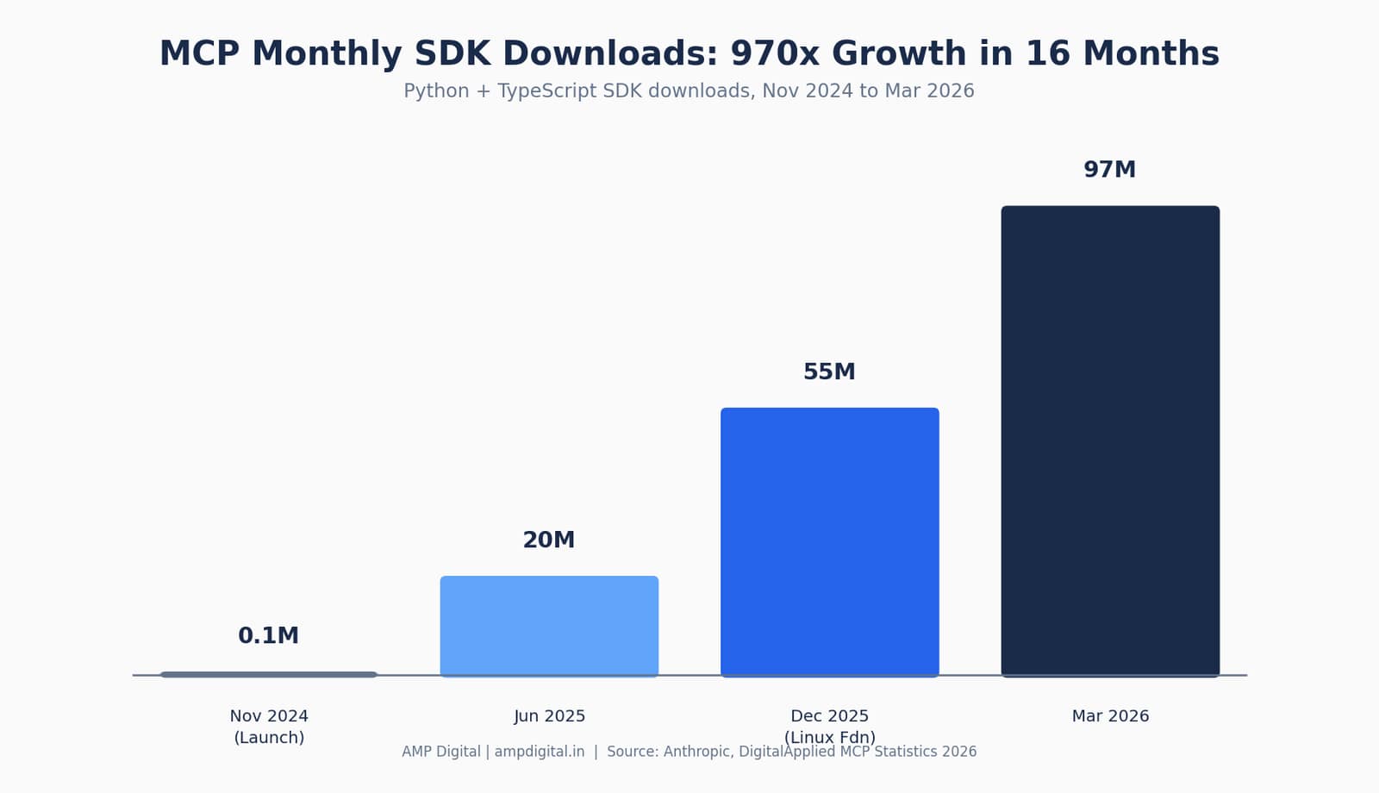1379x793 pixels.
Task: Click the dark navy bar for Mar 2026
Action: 1110,440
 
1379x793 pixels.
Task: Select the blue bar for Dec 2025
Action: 830,542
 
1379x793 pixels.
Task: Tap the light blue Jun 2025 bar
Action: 549,626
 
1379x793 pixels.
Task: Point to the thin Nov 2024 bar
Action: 269,675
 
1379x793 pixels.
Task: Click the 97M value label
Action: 1110,169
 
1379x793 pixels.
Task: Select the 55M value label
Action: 829,372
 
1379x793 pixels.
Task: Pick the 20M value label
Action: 548,540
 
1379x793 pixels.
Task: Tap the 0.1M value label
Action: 268,635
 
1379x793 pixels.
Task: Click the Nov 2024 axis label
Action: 269,716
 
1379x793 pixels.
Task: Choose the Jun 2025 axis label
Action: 549,716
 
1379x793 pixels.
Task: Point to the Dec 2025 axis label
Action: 830,716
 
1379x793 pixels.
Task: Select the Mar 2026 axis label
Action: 1111,716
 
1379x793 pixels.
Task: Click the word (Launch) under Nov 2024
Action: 269,738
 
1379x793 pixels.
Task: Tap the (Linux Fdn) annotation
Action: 830,738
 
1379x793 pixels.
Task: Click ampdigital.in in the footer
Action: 540,752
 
